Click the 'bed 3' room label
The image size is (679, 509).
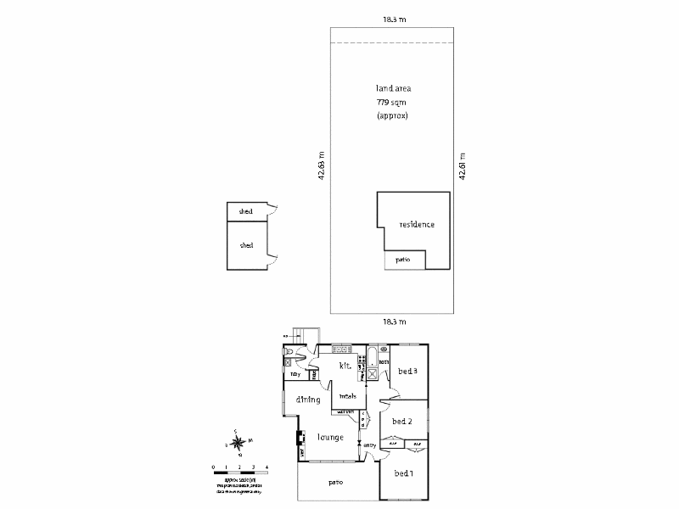click(408, 372)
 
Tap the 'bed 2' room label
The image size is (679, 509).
click(402, 422)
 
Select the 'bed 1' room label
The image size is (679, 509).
click(403, 473)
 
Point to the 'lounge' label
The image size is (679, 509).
click(330, 438)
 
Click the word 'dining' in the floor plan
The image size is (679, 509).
click(307, 400)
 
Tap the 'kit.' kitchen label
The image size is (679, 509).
click(345, 366)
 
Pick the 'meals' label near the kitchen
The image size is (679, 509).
click(347, 396)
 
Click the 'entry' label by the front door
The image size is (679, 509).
click(369, 445)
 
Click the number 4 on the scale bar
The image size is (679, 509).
click(267, 467)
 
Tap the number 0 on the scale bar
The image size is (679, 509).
click(214, 467)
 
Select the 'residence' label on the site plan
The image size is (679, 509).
click(417, 225)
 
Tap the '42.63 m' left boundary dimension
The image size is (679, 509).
click(322, 165)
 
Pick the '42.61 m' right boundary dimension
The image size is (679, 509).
click(463, 165)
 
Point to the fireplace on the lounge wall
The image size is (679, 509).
click(300, 439)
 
